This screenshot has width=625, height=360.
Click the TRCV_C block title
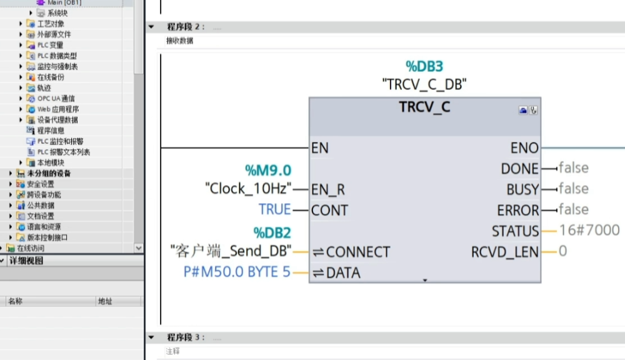point(424,107)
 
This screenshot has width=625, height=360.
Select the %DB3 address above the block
point(424,66)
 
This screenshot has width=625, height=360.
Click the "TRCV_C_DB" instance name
point(424,84)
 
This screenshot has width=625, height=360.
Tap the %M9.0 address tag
point(267,170)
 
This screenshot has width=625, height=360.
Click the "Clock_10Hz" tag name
point(248,188)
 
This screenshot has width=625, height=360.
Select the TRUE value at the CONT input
point(275,209)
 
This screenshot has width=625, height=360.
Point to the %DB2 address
point(272,233)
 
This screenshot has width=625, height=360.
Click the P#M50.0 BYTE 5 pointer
point(237,272)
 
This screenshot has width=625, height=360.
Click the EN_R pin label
point(328,189)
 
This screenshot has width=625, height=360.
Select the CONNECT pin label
point(357,252)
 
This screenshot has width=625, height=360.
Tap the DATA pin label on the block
point(343,272)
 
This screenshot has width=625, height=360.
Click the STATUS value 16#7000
point(589,230)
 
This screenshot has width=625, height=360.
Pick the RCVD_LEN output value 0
point(562,251)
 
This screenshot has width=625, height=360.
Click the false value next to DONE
point(573,167)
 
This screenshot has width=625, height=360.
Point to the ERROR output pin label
point(517,210)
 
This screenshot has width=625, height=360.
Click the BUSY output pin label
point(522,189)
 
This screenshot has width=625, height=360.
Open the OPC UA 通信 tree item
point(56,98)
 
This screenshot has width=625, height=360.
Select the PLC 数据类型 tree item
point(57,56)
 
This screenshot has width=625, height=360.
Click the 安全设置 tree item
point(41,184)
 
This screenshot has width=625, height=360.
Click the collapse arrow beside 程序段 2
point(151,27)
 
